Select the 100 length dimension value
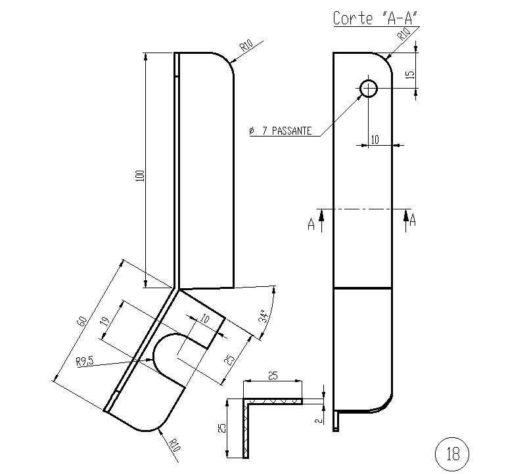point(139,175)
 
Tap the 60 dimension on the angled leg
point(82,321)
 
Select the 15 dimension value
point(410,74)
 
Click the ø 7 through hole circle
point(368,87)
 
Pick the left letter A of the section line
point(311,225)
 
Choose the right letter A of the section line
point(413,222)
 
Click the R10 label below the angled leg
point(174,444)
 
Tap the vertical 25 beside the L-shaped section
point(222,428)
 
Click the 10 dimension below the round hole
point(375,139)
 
